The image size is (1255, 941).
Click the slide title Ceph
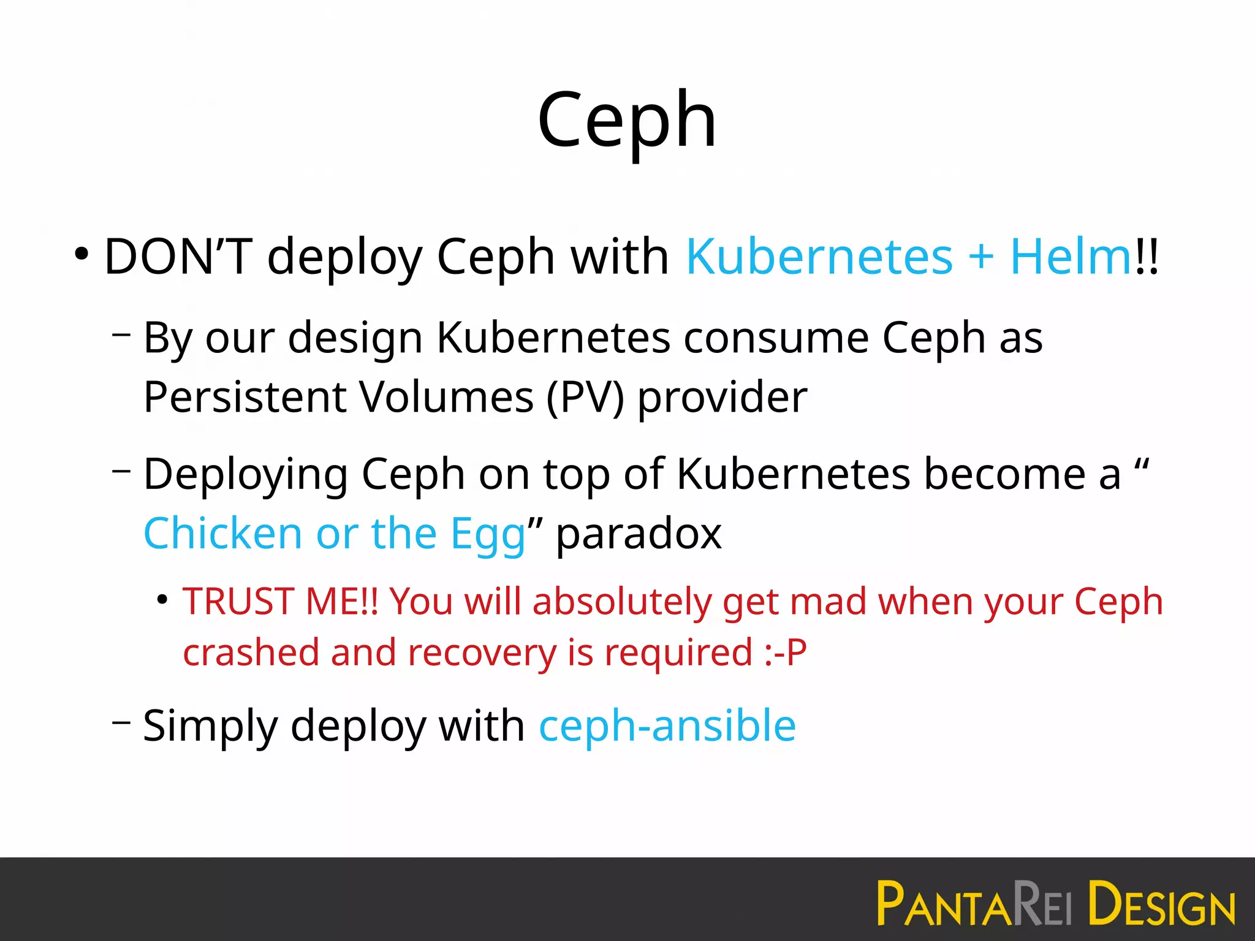[627, 119]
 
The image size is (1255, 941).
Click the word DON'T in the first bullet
[178, 256]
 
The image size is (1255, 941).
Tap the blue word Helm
[1070, 256]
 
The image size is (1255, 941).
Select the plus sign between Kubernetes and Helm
[980, 256]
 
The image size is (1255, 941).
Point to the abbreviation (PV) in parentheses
[585, 397]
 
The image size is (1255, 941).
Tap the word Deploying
[245, 475]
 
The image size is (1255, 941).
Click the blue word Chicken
[222, 533]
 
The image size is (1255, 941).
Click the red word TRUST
[238, 602]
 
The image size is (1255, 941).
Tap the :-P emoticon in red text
[786, 652]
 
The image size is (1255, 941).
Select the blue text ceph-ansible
[667, 727]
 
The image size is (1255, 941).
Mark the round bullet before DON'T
[82, 254]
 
